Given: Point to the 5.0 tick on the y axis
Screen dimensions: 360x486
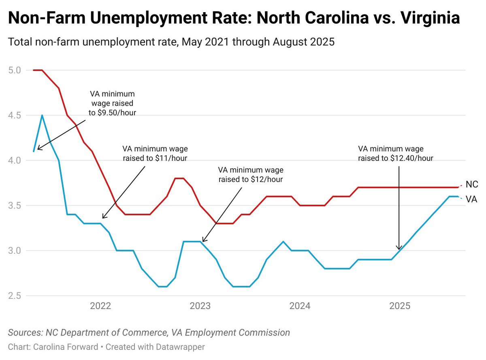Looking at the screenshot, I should tap(14, 70).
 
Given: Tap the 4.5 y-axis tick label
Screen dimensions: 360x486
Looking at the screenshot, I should tap(14, 115).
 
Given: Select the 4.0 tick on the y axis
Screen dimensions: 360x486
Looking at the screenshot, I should tap(14, 161).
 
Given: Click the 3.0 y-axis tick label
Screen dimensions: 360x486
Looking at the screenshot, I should tap(14, 251).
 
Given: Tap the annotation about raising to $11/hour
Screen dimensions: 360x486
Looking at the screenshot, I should tap(156, 153).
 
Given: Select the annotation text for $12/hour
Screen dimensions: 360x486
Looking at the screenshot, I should tap(251, 174).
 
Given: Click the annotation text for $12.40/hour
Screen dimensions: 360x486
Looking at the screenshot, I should tap(396, 153).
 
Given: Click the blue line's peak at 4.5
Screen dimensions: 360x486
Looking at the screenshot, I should tap(42, 116).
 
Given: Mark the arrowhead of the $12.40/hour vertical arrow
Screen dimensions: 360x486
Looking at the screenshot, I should tap(399, 249).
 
